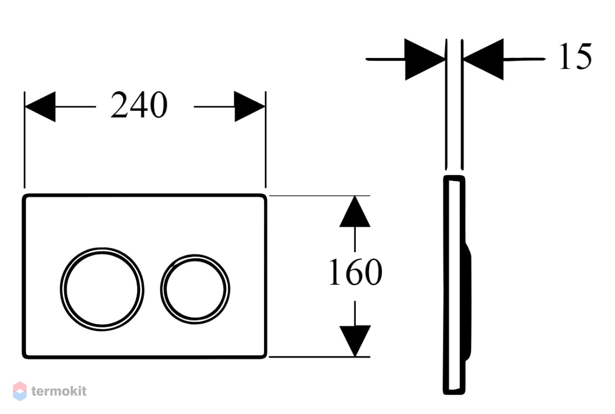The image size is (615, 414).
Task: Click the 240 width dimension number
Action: point(139,105)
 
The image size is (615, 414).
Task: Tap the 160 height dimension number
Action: point(355,272)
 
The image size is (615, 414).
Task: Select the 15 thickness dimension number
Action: point(575,56)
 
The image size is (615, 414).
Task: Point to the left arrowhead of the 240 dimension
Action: point(40,107)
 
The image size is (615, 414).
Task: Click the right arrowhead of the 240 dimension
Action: point(250,106)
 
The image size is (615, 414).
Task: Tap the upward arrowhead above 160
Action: point(355,211)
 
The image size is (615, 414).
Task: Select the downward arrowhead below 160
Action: point(355,341)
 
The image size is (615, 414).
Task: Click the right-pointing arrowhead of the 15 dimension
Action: point(425,60)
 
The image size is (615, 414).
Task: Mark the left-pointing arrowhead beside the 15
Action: point(483,60)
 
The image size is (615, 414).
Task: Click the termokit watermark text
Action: point(59,391)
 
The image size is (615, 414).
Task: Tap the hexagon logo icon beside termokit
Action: point(20,391)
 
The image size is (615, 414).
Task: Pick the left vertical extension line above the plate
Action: point(25,140)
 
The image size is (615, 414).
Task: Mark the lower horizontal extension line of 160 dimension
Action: point(320,357)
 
